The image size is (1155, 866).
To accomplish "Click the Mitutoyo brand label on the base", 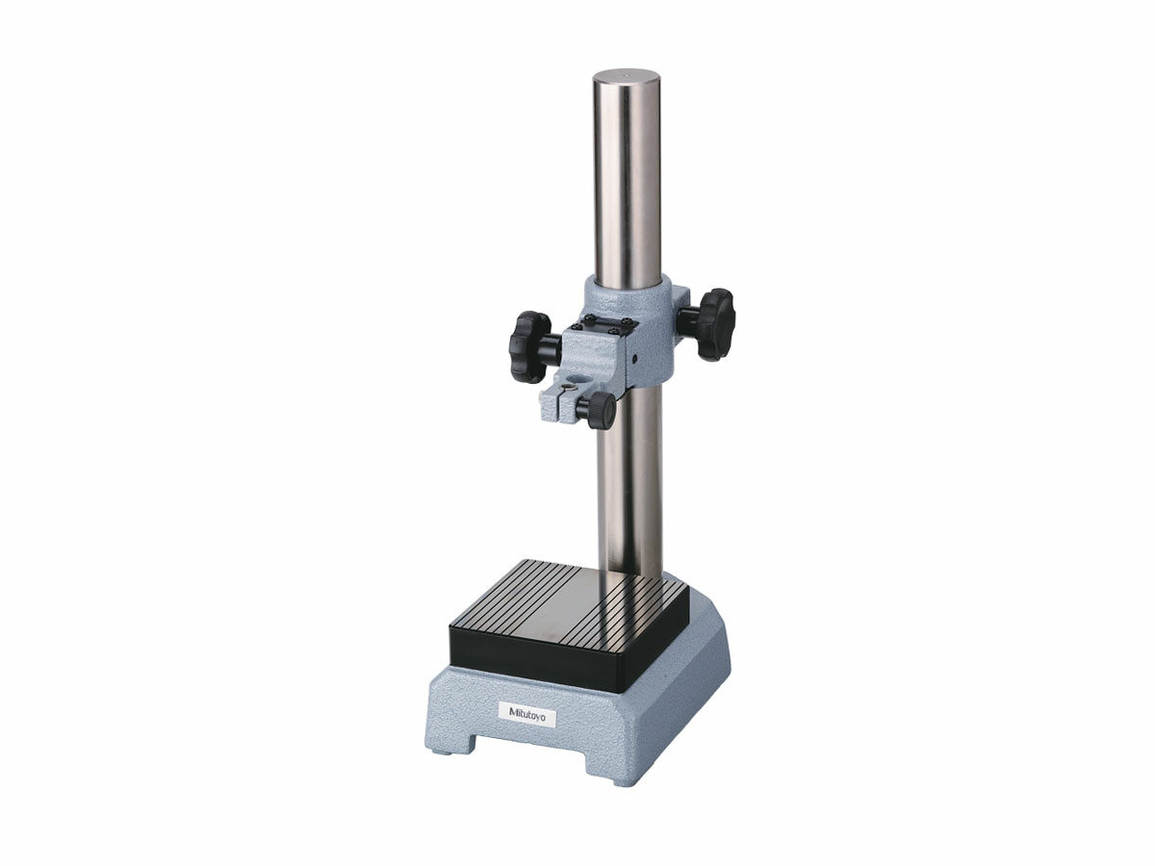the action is click(527, 714).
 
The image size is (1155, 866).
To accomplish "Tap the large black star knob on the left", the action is click(530, 346).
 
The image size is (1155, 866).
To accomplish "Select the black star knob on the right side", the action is click(713, 323).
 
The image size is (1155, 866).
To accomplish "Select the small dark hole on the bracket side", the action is click(635, 359).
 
